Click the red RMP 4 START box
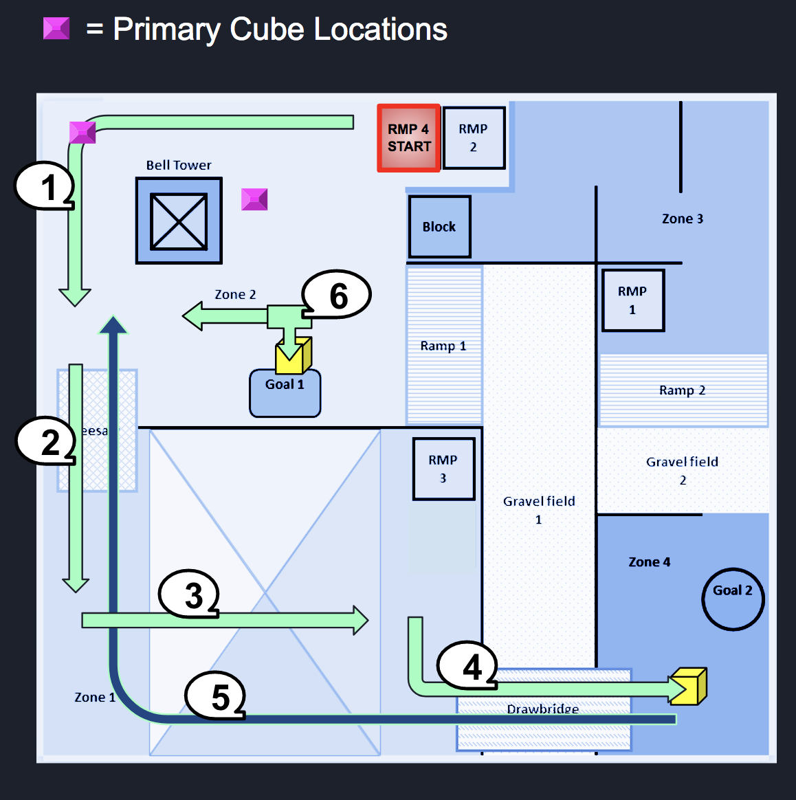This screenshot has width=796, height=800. click(x=408, y=138)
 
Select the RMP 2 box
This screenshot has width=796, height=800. click(x=474, y=138)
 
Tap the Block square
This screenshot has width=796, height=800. click(x=439, y=227)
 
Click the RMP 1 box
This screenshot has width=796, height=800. click(x=632, y=300)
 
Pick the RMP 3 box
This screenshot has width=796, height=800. click(x=443, y=469)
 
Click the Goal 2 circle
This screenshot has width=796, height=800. click(x=733, y=599)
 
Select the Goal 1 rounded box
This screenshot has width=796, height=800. click(x=285, y=394)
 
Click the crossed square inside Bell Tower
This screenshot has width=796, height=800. click(x=179, y=221)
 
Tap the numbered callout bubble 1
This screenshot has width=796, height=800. click(x=45, y=186)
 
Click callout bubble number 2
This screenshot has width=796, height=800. click(x=47, y=441)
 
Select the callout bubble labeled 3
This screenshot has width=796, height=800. click(x=190, y=594)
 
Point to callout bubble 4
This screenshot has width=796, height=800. click(x=469, y=665)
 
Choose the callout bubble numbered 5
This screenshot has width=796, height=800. click(x=216, y=696)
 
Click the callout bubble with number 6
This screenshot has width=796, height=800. click(x=337, y=295)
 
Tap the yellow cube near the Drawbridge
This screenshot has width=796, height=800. click(x=688, y=687)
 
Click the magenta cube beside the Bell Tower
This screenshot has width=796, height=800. click(x=254, y=199)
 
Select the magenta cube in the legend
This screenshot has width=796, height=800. click(x=56, y=28)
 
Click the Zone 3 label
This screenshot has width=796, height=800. click(x=682, y=219)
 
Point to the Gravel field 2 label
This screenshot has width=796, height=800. click(x=682, y=470)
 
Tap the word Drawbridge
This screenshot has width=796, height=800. click(x=542, y=709)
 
